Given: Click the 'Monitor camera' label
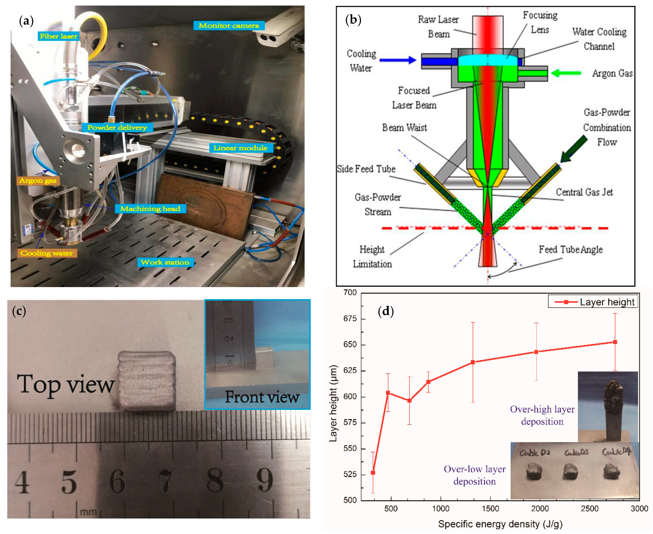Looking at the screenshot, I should click(x=229, y=26).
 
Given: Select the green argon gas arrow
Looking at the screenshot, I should click(x=566, y=73).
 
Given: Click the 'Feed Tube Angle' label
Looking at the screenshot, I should click(x=571, y=250).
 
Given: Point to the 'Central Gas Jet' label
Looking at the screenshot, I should click(x=584, y=192).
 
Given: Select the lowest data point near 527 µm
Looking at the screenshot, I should click(x=373, y=472).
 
